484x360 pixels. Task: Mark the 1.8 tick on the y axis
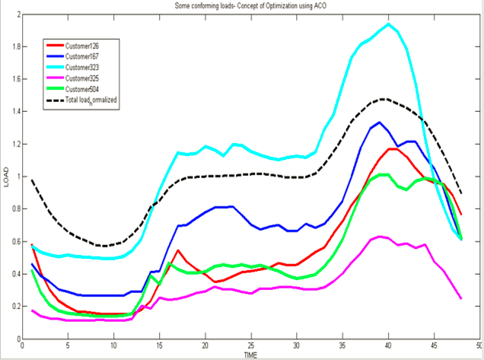click(x=14, y=46)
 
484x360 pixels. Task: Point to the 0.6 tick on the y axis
click(x=14, y=241)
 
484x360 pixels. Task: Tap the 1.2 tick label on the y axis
click(x=14, y=144)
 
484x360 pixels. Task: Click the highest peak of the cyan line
click(x=389, y=24)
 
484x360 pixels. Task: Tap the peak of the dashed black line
click(x=384, y=99)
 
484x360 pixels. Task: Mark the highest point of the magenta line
click(x=380, y=237)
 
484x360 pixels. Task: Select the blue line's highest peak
click(x=380, y=123)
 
